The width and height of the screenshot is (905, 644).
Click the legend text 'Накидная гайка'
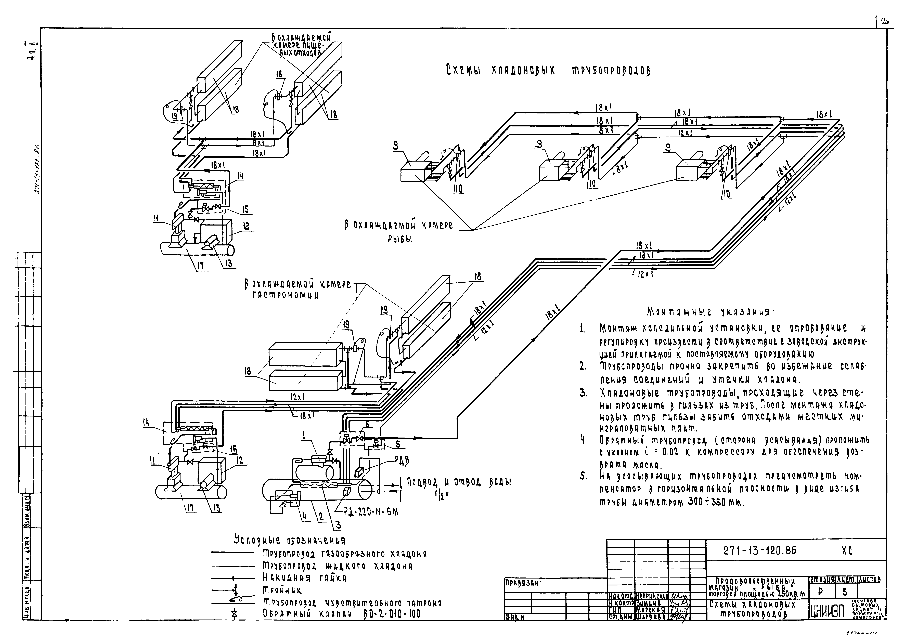coord(305,579)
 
